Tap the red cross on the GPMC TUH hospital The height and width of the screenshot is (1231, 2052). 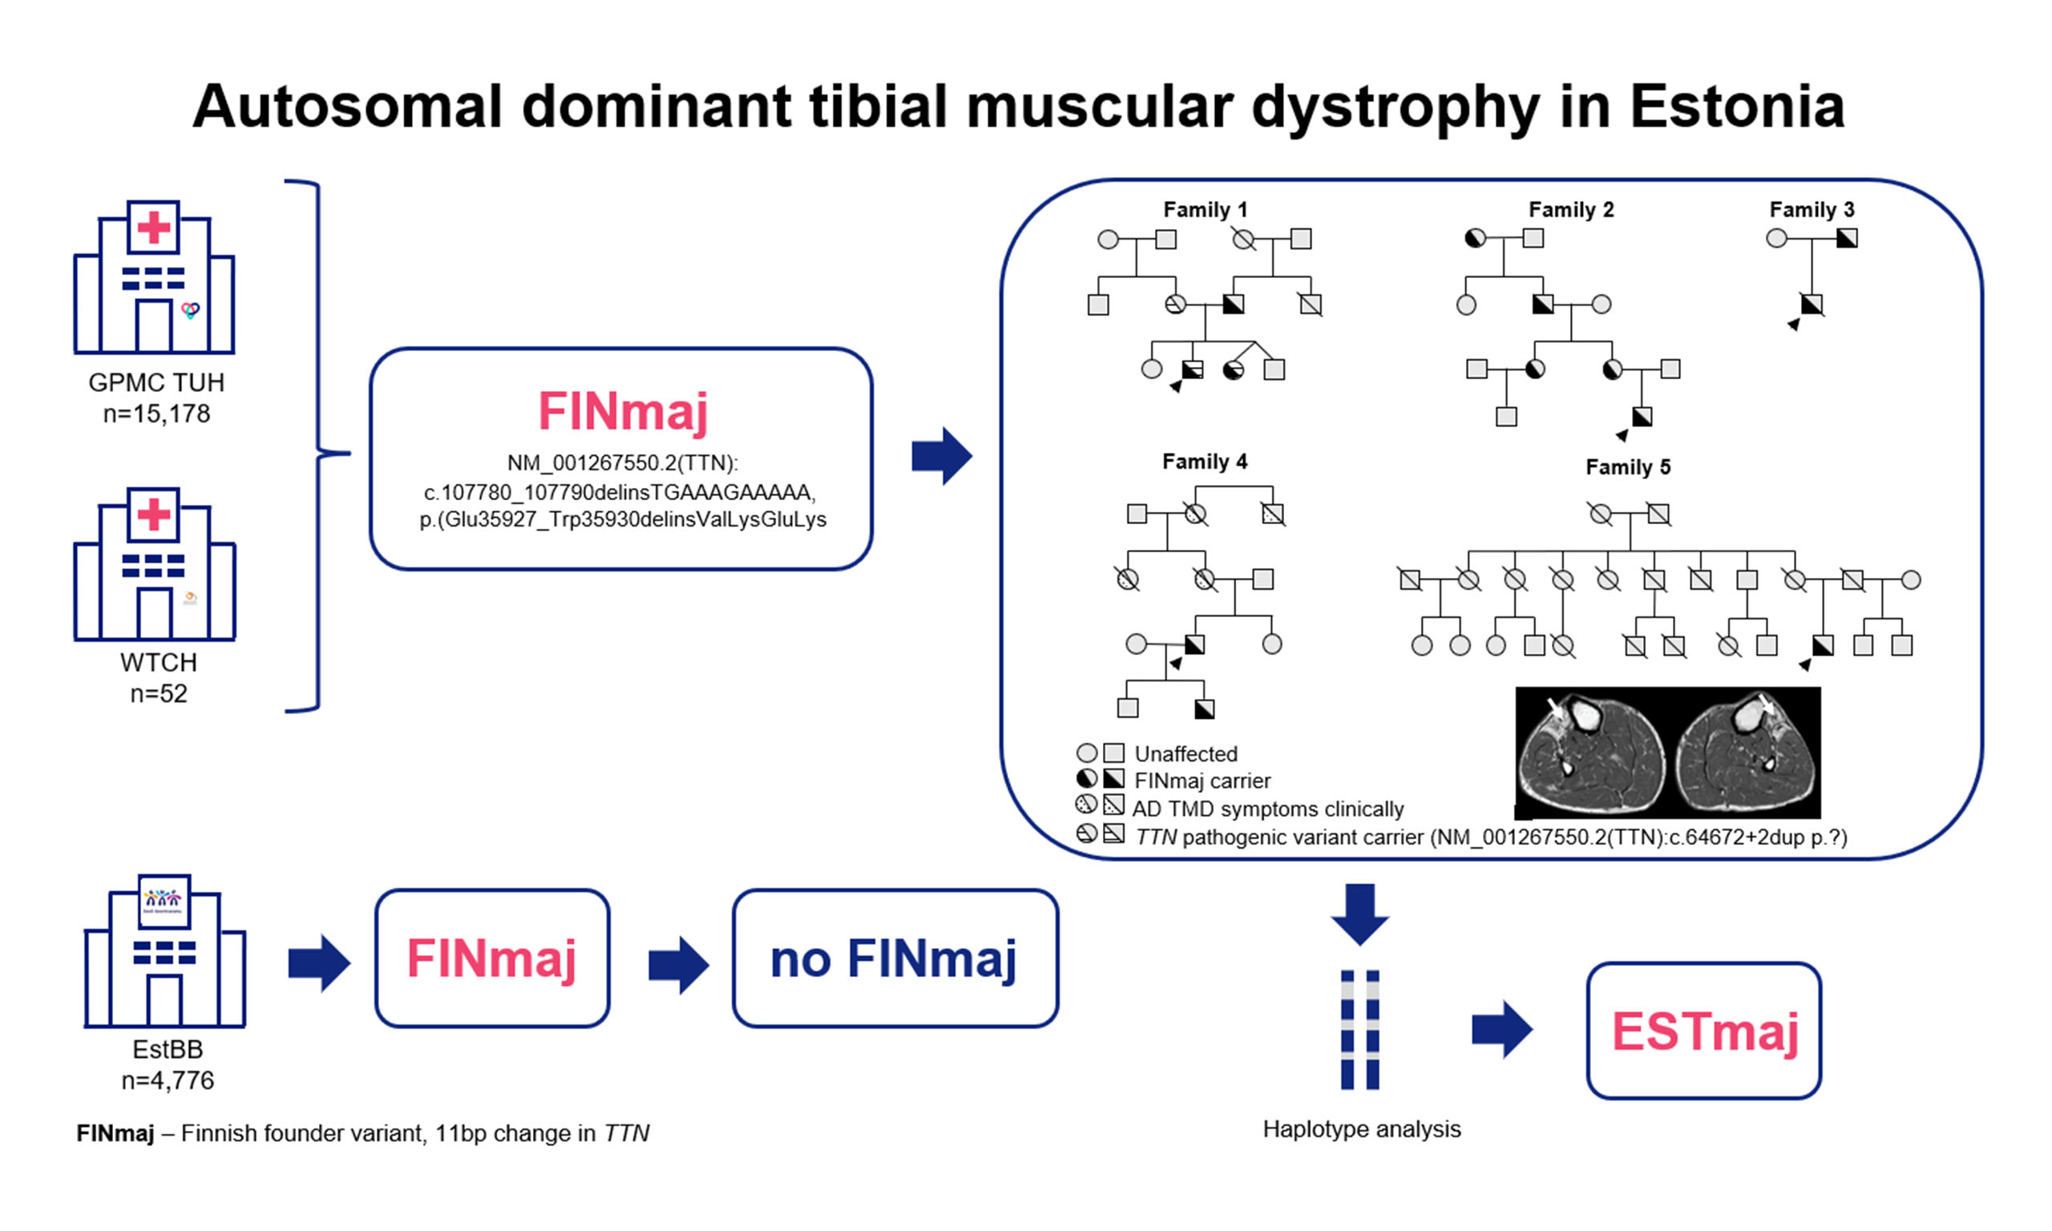pos(153,228)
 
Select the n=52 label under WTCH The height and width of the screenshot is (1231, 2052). pos(159,693)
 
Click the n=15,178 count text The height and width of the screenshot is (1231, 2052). pos(156,413)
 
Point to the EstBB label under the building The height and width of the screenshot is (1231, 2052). pos(168,1049)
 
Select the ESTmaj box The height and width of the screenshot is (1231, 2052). pos(1703,1031)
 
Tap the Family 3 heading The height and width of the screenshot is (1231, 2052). pos(1811,210)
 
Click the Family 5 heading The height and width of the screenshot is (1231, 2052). pos(1627,467)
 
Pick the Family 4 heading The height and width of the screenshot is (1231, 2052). pos(1204,461)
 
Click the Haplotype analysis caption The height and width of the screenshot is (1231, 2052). pos(1361,1129)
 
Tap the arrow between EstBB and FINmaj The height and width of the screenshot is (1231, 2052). pos(319,963)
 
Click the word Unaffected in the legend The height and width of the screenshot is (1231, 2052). pos(1186,754)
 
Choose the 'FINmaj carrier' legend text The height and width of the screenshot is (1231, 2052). pos(1202,781)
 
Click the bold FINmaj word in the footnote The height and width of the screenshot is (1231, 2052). pos(115,1133)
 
